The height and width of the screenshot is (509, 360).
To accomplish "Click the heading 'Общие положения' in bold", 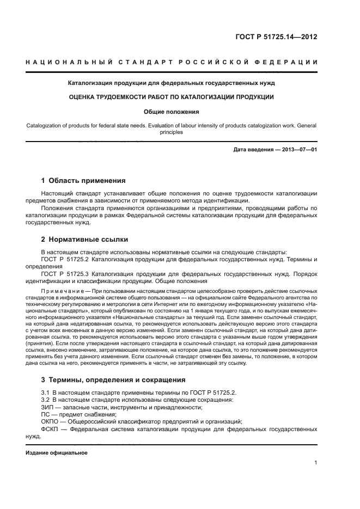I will point(172,112).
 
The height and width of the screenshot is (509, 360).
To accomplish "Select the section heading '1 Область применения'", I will point(83,180).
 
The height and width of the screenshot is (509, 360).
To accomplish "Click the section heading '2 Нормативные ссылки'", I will point(86,240).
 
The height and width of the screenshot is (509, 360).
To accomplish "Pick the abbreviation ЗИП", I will point(48,407).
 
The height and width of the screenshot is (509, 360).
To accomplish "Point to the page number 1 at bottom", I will point(315,463).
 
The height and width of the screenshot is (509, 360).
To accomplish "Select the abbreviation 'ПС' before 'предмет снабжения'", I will point(46,414).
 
